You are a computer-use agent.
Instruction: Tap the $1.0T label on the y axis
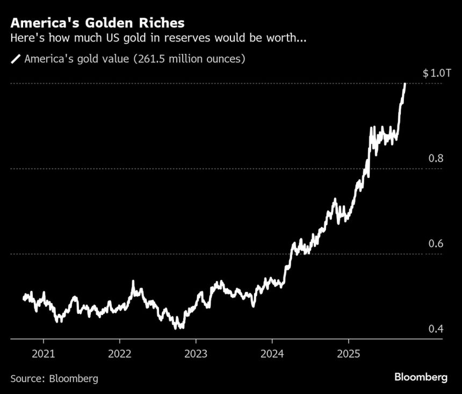[433, 73]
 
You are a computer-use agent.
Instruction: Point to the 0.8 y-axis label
[436, 159]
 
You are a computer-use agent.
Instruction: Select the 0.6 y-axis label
[436, 243]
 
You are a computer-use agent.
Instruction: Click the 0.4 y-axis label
[436, 328]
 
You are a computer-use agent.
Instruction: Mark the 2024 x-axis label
[272, 354]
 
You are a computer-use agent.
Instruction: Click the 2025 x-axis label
[348, 354]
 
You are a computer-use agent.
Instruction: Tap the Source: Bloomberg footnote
[54, 378]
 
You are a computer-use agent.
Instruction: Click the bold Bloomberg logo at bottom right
[421, 377]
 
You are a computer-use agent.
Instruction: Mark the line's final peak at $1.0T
[405, 84]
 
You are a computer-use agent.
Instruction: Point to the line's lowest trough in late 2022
[179, 326]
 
